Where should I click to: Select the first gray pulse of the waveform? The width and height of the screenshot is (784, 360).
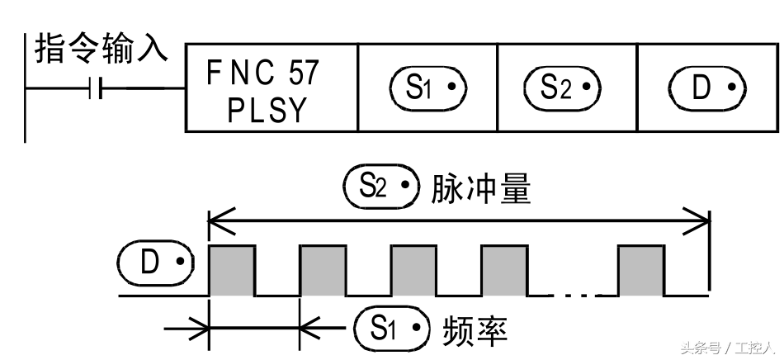click(232, 270)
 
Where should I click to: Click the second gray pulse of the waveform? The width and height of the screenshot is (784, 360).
click(323, 270)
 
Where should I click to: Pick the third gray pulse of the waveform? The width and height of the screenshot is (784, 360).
click(413, 270)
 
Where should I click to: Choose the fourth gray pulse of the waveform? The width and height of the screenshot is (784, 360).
click(503, 270)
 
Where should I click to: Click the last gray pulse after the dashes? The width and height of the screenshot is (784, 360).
click(641, 270)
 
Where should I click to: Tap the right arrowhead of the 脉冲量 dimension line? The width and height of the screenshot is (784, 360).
click(704, 220)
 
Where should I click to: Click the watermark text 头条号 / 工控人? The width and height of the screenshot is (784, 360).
click(726, 348)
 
